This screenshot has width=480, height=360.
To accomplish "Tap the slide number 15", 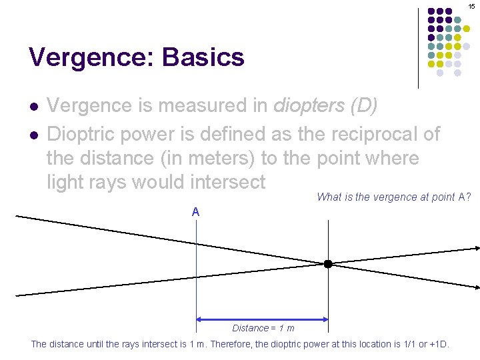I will [x=471, y=6].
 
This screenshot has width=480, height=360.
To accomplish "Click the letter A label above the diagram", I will [x=195, y=212].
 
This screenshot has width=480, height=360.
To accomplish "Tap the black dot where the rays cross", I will [x=328, y=264].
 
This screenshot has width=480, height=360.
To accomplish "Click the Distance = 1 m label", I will [x=263, y=328].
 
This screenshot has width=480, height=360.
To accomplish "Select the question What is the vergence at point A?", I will [x=393, y=197].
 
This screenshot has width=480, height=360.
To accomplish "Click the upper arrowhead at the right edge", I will [x=476, y=248].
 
